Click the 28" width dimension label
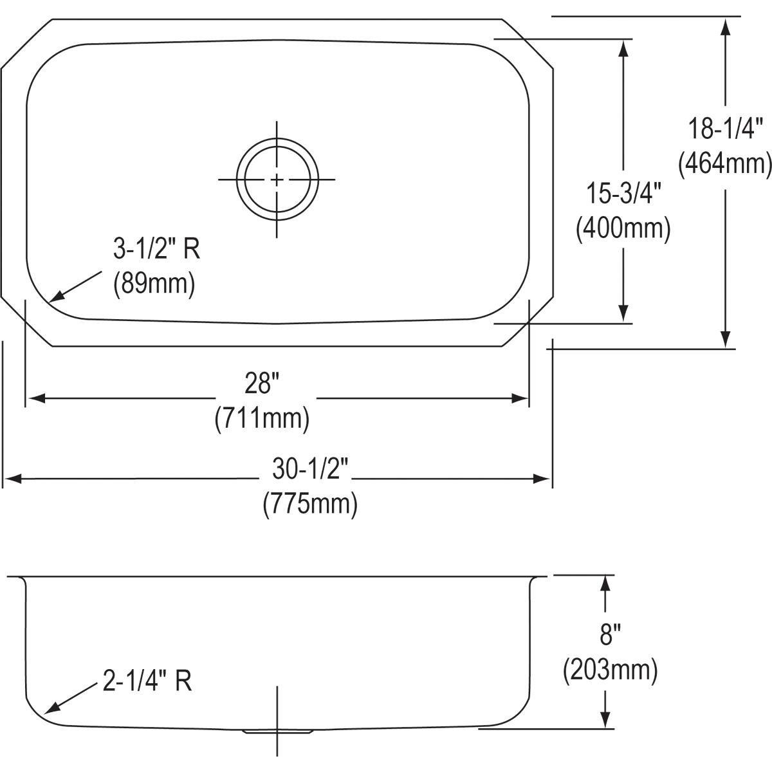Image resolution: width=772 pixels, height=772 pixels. [262, 385]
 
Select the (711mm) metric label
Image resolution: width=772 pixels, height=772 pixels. [262, 419]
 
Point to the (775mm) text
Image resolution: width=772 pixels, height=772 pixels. [309, 504]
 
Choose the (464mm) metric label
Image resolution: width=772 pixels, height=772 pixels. [725, 163]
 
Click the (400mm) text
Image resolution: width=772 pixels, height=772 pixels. [623, 228]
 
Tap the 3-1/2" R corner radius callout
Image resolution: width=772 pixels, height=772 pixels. [156, 249]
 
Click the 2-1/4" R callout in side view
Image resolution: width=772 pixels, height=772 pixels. [147, 681]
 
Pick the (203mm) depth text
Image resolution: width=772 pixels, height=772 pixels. [610, 670]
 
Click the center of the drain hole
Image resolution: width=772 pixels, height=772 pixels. [277, 179]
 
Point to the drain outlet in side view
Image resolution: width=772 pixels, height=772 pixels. [277, 731]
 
